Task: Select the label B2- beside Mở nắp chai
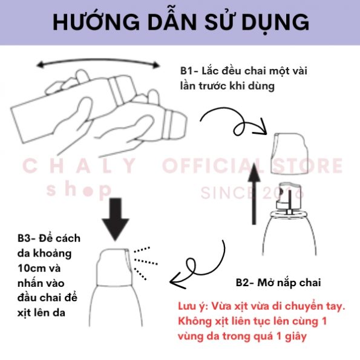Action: pos(245,283)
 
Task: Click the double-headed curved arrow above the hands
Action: pos(98,61)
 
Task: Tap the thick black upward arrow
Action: pos(254,194)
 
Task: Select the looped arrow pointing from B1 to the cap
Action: pos(239,124)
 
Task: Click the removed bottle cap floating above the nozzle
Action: pos(290,153)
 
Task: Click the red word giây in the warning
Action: pos(296,336)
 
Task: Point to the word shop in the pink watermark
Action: pos(79,190)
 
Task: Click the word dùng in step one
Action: pos(262,86)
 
